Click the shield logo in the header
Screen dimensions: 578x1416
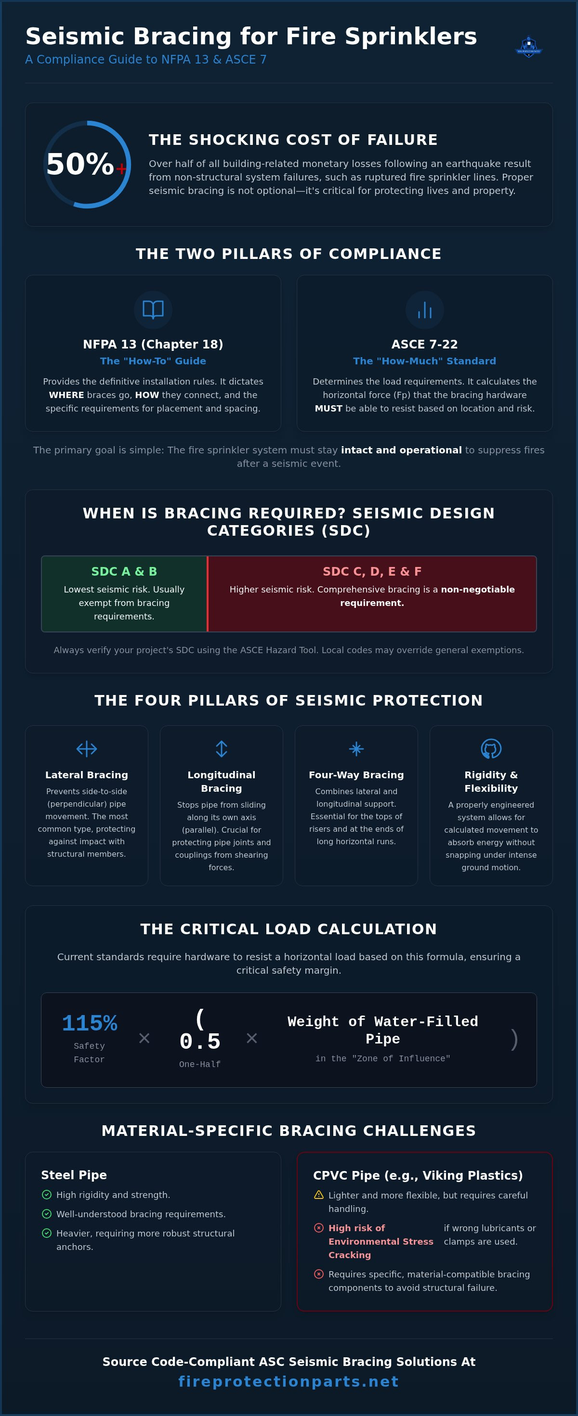pyautogui.click(x=528, y=47)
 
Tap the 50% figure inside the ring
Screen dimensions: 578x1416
pyautogui.click(x=80, y=164)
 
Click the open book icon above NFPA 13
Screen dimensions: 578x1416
pyautogui.click(x=153, y=309)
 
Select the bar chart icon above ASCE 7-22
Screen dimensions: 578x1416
pyautogui.click(x=424, y=310)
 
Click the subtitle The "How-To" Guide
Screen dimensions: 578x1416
pyautogui.click(x=153, y=361)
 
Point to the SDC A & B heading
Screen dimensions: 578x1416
pyautogui.click(x=124, y=571)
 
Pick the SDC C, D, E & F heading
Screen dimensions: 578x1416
pyautogui.click(x=372, y=571)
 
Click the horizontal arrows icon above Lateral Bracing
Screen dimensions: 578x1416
pyautogui.click(x=86, y=749)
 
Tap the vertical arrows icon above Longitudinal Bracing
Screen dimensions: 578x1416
pyautogui.click(x=222, y=749)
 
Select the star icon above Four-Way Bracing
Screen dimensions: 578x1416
pyautogui.click(x=356, y=749)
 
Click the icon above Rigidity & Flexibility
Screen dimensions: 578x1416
pyautogui.click(x=491, y=749)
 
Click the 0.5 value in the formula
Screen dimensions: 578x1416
pyautogui.click(x=199, y=1041)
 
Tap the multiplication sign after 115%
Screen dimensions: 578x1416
pyautogui.click(x=144, y=1038)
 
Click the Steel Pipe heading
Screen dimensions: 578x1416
pyautogui.click(x=74, y=1175)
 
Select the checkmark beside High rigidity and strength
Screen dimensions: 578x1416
pyautogui.click(x=47, y=1195)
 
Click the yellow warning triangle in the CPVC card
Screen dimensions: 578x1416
pyautogui.click(x=318, y=1195)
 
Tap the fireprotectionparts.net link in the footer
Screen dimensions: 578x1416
pyautogui.click(x=289, y=1381)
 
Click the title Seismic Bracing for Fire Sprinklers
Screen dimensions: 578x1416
pyautogui.click(x=251, y=36)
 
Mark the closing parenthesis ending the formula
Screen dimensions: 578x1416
pyautogui.click(x=514, y=1039)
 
